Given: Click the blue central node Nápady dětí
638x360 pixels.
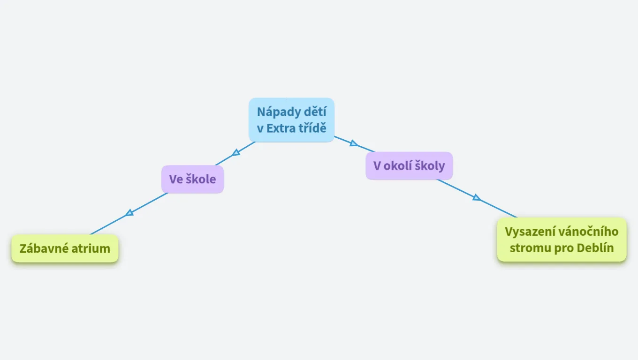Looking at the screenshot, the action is click(x=291, y=120).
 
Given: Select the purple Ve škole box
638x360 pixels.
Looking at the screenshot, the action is click(x=192, y=179).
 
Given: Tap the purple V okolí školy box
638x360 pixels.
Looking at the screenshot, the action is click(x=409, y=165).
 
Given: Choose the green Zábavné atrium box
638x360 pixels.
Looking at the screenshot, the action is click(x=65, y=248).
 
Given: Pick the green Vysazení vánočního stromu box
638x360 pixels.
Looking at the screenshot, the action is click(x=562, y=240).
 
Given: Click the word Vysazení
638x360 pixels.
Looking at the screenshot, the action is click(x=528, y=232).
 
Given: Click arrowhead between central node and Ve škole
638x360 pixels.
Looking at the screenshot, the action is click(x=236, y=153).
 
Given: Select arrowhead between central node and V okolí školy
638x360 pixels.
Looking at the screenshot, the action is click(x=353, y=143).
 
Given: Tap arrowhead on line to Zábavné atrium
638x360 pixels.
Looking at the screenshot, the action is click(x=129, y=213).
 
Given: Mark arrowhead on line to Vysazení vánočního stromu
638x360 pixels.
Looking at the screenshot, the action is click(x=477, y=197).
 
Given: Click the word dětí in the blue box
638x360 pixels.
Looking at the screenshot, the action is click(x=315, y=112).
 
